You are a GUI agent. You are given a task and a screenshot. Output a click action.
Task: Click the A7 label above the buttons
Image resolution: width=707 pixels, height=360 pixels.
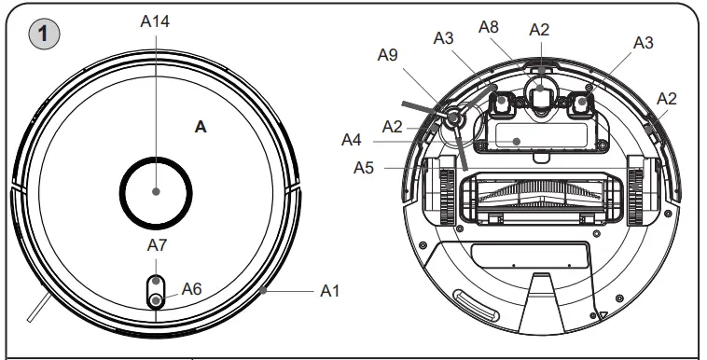click(x=157, y=245)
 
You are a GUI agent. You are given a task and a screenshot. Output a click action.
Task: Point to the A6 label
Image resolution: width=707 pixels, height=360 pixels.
click(x=191, y=288)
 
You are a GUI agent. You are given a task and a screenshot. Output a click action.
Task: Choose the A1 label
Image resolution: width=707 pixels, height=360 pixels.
click(x=330, y=292)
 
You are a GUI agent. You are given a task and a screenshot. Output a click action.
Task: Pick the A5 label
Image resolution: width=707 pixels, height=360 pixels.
click(x=365, y=168)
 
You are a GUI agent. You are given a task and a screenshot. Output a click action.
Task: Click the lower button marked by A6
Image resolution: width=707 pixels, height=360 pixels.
click(x=156, y=299)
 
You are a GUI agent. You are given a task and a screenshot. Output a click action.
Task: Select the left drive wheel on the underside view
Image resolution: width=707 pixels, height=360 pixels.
click(x=438, y=191)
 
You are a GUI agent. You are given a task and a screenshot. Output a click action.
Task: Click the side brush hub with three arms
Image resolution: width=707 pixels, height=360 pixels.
click(x=452, y=118)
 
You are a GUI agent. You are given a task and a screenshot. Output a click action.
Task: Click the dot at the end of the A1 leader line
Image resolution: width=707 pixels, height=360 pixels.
click(x=265, y=292)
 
